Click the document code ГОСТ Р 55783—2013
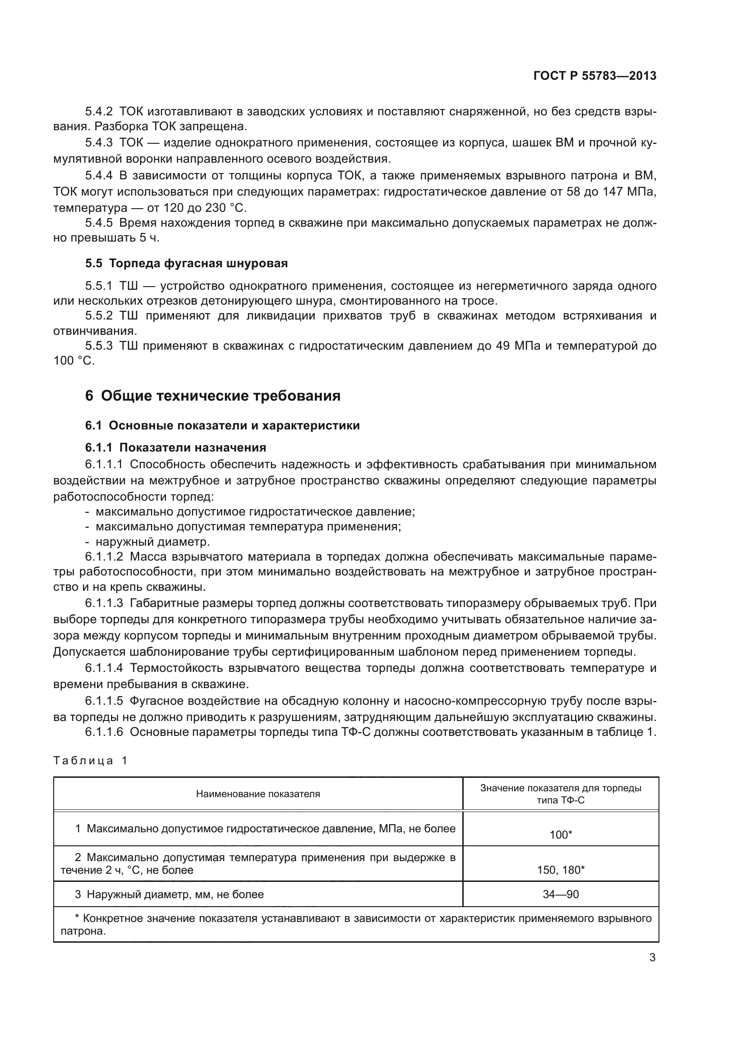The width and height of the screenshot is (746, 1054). pos(594,76)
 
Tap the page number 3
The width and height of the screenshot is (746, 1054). pos(652,958)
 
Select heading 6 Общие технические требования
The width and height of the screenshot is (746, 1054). pos(213,396)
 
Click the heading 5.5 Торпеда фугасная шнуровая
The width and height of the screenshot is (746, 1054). pos(187,264)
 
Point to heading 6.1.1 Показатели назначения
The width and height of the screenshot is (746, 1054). pos(175,447)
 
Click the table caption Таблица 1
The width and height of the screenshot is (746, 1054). pos(90,761)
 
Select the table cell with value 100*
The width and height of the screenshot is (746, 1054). pos(561,835)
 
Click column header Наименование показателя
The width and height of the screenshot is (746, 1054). pos(258,794)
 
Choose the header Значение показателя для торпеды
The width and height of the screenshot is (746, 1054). pos(561,789)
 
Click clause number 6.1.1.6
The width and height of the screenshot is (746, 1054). pos(104,732)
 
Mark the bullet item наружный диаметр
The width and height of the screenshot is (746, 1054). pos(152,542)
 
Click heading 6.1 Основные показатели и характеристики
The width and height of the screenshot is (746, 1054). pos(222,425)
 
